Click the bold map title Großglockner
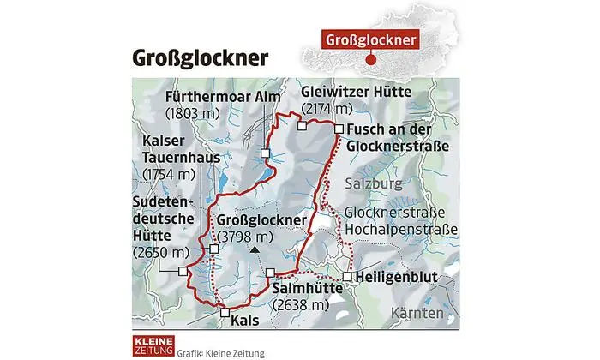click(200, 58)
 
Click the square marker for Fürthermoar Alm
click(266, 153)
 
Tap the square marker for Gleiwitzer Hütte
click(302, 126)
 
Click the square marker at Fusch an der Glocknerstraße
click(339, 129)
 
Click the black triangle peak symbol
click(254, 250)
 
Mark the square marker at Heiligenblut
click(346, 276)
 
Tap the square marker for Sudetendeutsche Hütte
click(183, 270)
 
